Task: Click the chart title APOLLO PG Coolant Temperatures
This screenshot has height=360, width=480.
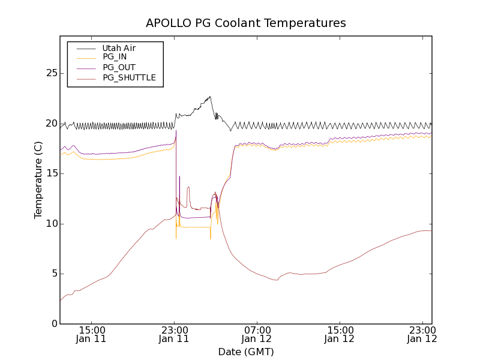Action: click(246, 23)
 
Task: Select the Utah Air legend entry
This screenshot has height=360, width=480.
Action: click(119, 48)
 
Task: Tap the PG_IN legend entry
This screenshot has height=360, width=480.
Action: click(115, 58)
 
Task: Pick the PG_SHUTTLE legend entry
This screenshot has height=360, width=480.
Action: click(129, 78)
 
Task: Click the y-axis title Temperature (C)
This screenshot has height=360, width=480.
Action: click(38, 180)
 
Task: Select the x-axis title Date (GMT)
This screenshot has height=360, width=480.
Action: click(246, 352)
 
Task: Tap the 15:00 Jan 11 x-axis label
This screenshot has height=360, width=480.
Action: click(92, 334)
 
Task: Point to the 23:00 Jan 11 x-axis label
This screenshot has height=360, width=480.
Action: click(175, 334)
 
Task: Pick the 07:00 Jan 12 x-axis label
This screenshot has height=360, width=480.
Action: click(257, 334)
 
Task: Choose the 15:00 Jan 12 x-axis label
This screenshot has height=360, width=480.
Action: click(340, 334)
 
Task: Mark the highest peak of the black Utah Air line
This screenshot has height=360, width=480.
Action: click(209, 96)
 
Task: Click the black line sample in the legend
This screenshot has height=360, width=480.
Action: click(86, 48)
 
